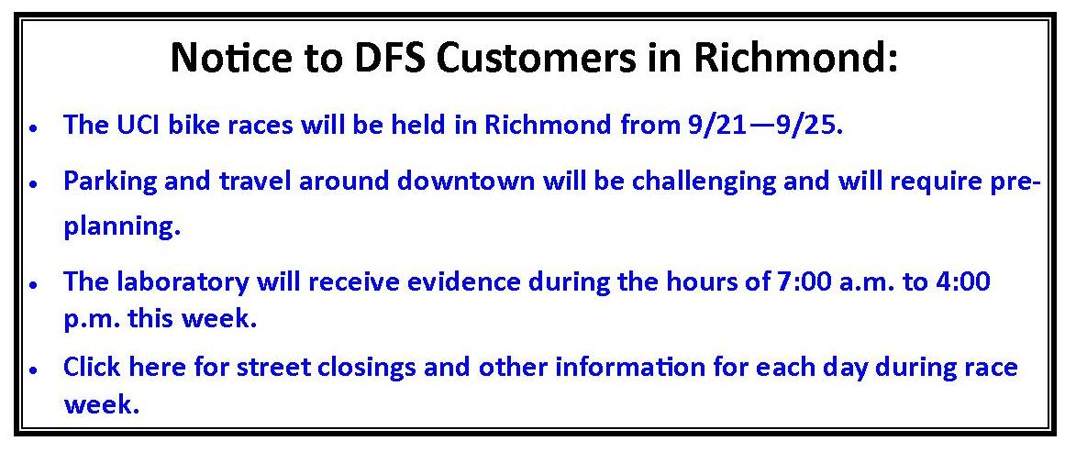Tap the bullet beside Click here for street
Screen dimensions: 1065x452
(34, 369)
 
